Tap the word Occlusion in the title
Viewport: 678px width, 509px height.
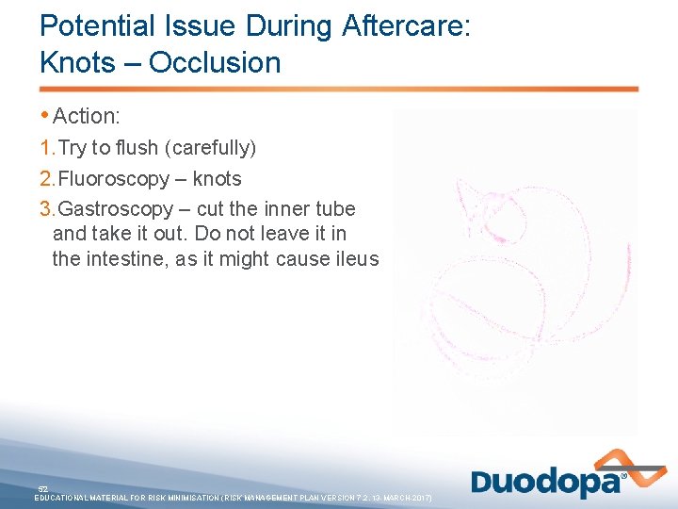tap(215, 63)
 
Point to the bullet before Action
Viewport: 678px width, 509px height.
tap(45, 116)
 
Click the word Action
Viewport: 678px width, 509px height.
tap(87, 116)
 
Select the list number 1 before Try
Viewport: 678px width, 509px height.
tap(47, 148)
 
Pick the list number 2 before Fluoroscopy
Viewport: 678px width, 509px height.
tap(47, 179)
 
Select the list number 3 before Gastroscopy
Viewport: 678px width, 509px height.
tap(47, 209)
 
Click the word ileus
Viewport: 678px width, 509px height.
tap(356, 258)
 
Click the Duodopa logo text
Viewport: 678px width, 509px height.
tap(546, 484)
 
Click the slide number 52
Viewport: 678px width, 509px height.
tap(43, 488)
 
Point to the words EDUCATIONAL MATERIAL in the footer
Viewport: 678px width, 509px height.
tap(90, 497)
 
